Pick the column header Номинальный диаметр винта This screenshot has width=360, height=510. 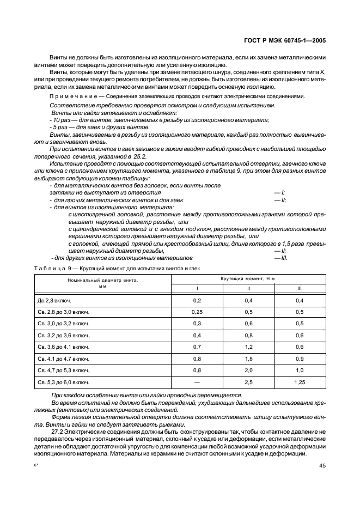pyautogui.click(x=102, y=283)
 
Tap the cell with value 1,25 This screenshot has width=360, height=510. pyautogui.click(x=299, y=382)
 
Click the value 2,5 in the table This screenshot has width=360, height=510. pyautogui.click(x=248, y=382)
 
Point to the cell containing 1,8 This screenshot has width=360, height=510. pyautogui.click(x=248, y=359)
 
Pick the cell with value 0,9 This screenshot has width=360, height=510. pyautogui.click(x=299, y=359)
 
